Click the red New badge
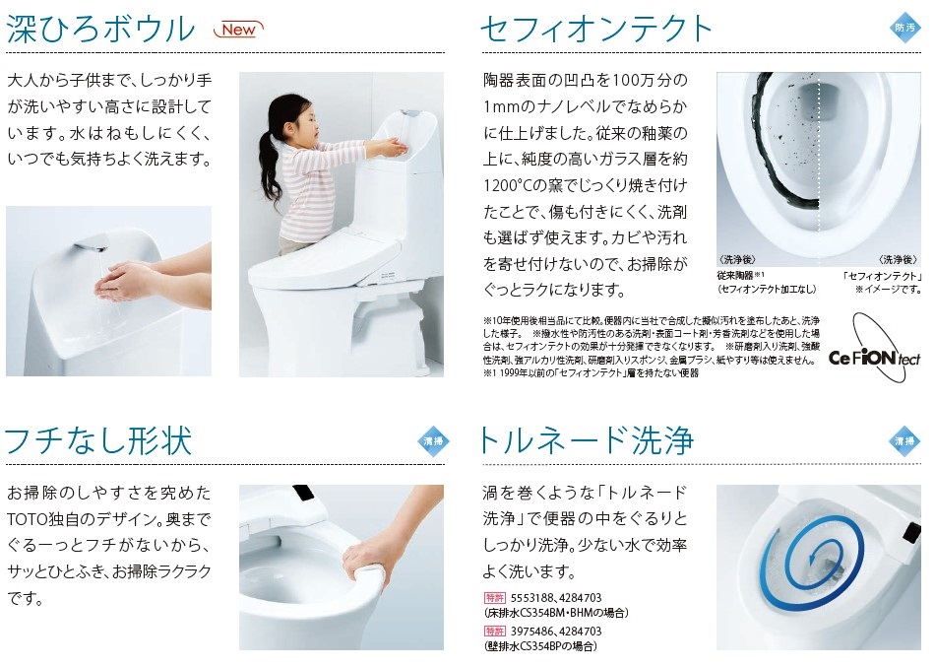pyautogui.click(x=238, y=30)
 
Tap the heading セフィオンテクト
pyautogui.click(x=596, y=29)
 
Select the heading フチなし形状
pyautogui.click(x=98, y=440)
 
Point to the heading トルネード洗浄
pyautogui.click(x=587, y=440)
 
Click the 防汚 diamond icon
pyautogui.click(x=904, y=28)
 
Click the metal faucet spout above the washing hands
pyautogui.click(x=91, y=243)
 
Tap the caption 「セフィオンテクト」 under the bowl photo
pyautogui.click(x=881, y=276)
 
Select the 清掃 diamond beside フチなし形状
pyautogui.click(x=433, y=441)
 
